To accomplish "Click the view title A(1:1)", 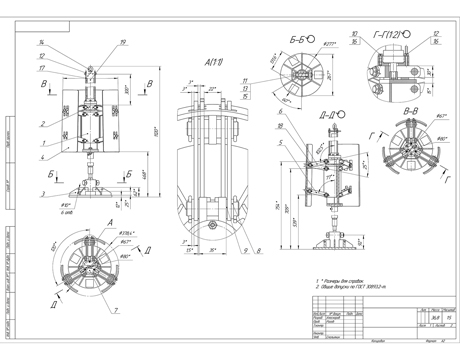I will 214,64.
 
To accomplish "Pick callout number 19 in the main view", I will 122,42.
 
